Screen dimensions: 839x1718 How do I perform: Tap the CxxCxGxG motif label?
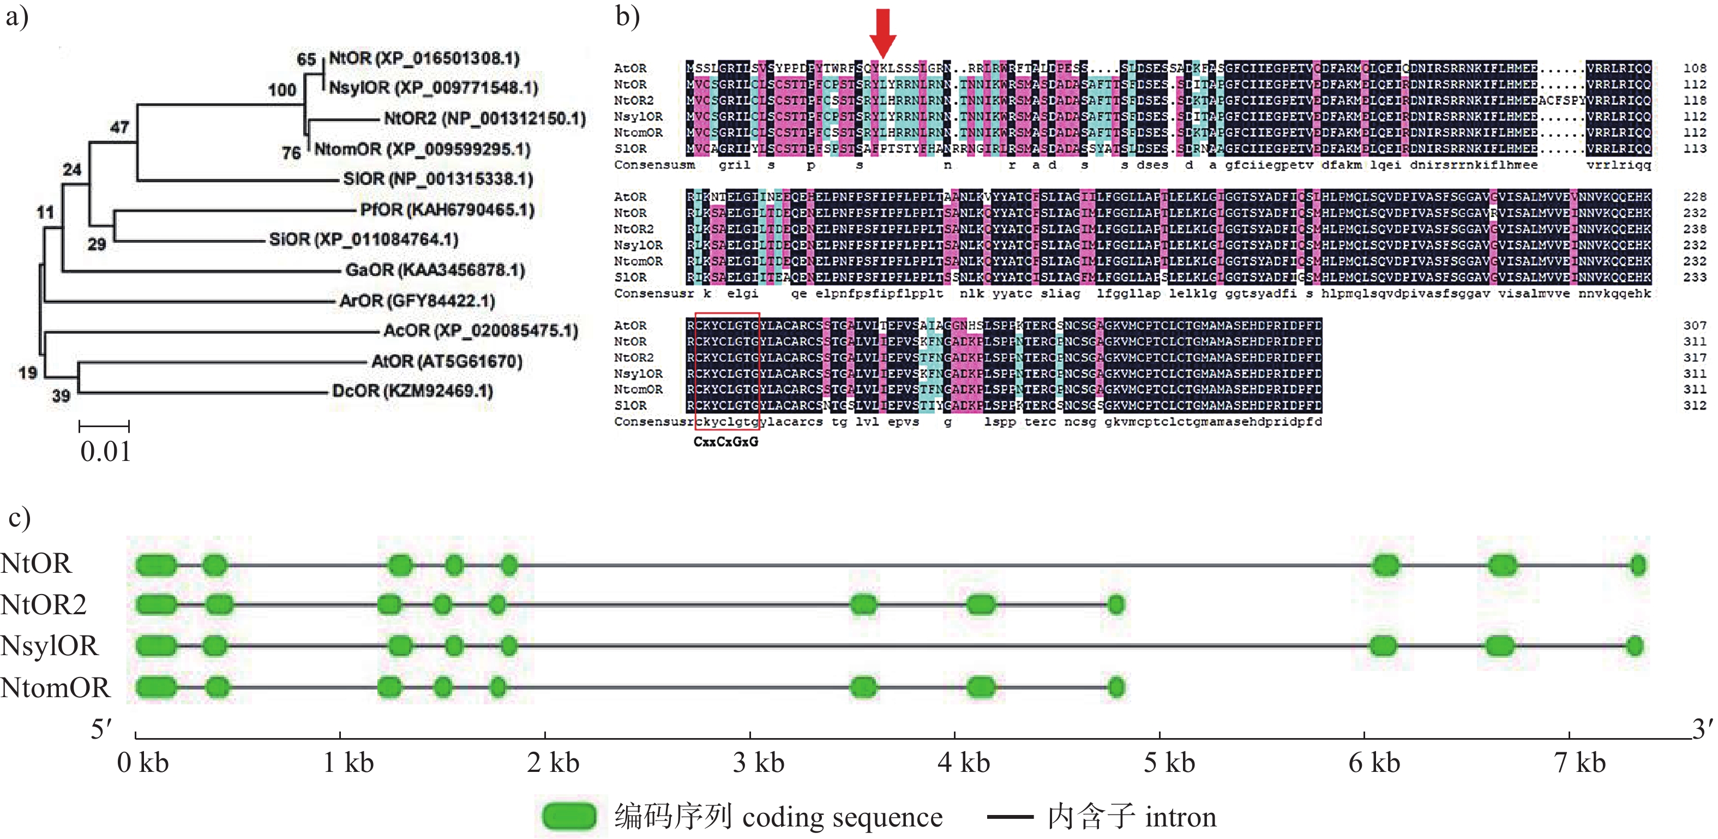725,441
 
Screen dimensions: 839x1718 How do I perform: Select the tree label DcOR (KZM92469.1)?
413,391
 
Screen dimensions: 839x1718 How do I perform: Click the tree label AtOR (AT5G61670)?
447,362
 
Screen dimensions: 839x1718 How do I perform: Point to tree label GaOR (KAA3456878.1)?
435,270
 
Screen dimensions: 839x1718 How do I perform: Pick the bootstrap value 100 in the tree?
282,89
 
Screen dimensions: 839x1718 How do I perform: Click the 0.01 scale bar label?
105,452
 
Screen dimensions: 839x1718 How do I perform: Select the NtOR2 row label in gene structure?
43,605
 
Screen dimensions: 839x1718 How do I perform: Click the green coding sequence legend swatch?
569,816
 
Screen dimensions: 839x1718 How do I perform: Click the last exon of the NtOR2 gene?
1116,605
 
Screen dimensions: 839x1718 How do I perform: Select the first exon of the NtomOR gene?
156,687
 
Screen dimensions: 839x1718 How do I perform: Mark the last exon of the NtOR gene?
1637,566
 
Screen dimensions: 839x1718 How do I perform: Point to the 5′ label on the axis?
101,729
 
